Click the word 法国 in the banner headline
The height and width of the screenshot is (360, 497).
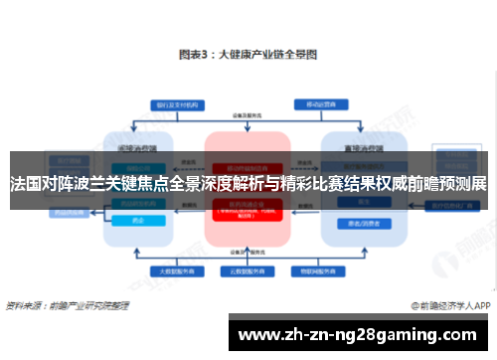point(27,184)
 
